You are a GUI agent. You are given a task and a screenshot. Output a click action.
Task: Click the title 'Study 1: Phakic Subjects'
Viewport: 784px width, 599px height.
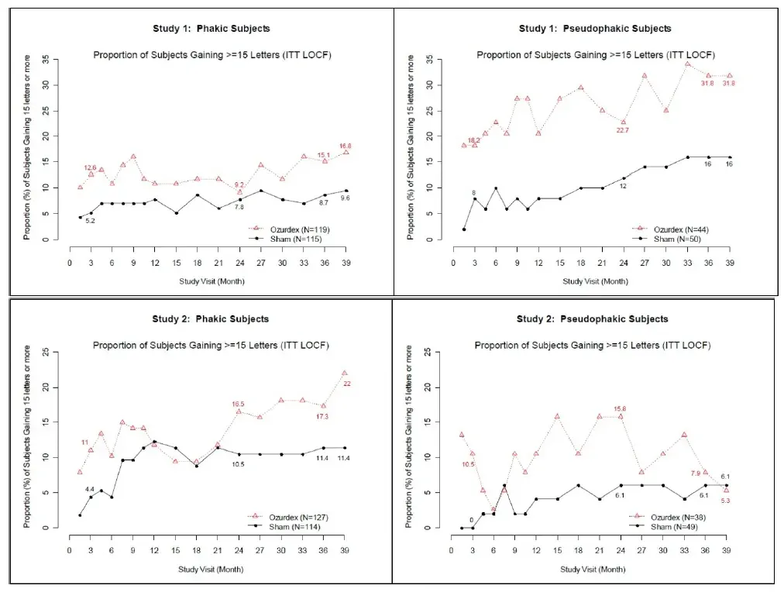tap(211, 29)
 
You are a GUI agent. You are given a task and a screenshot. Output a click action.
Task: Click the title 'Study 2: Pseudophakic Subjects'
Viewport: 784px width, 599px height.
tap(593, 319)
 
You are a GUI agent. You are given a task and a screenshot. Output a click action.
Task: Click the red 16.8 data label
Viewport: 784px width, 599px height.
tap(346, 145)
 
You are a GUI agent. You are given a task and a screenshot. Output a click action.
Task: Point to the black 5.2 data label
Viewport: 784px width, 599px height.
tap(90, 222)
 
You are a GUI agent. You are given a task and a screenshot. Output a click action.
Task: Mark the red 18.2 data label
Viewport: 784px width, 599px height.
tap(473, 140)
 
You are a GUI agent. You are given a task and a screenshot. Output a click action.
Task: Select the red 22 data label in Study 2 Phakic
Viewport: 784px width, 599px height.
tap(346, 384)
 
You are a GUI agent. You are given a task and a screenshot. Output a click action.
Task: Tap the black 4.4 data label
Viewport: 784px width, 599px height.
tap(90, 489)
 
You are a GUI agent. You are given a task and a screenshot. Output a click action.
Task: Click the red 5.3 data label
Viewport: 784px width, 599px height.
tap(726, 500)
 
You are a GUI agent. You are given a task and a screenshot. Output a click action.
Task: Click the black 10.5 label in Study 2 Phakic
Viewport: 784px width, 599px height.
tap(239, 465)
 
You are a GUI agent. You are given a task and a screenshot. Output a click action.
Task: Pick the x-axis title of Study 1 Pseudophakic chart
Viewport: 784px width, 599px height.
tap(595, 281)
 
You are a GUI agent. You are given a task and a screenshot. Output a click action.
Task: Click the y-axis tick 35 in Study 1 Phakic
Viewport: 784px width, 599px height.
tap(46, 60)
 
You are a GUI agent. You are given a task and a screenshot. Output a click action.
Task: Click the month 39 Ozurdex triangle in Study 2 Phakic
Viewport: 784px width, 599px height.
tap(345, 374)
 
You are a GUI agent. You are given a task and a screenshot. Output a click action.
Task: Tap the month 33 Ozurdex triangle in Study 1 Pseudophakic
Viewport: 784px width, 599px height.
tap(687, 64)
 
